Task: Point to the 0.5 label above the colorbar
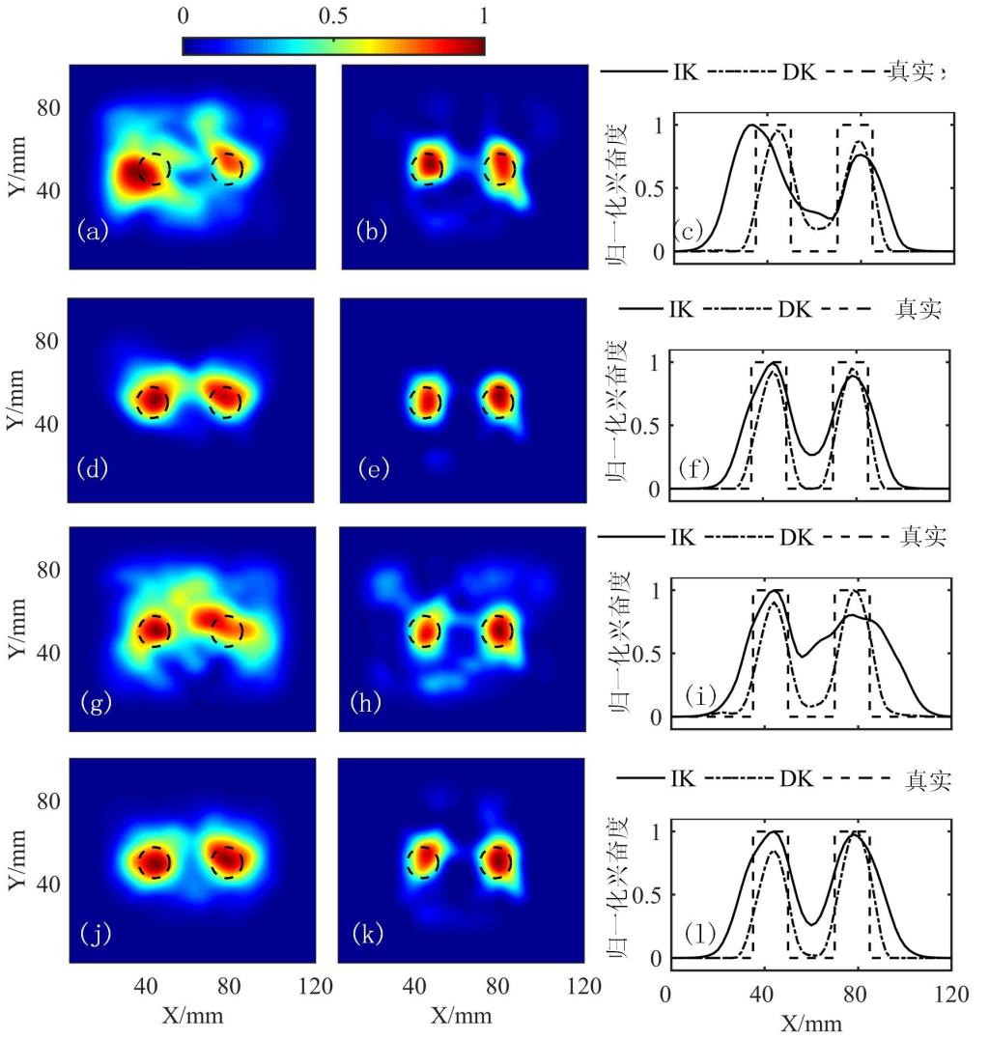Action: point(333,16)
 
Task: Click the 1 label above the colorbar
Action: point(483,16)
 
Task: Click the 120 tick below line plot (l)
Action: point(951,995)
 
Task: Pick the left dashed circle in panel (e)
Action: point(427,400)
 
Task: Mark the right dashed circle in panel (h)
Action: point(498,630)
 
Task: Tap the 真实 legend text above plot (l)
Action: point(929,779)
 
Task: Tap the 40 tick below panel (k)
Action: point(415,987)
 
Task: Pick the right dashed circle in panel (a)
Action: point(229,167)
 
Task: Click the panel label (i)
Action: point(700,694)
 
